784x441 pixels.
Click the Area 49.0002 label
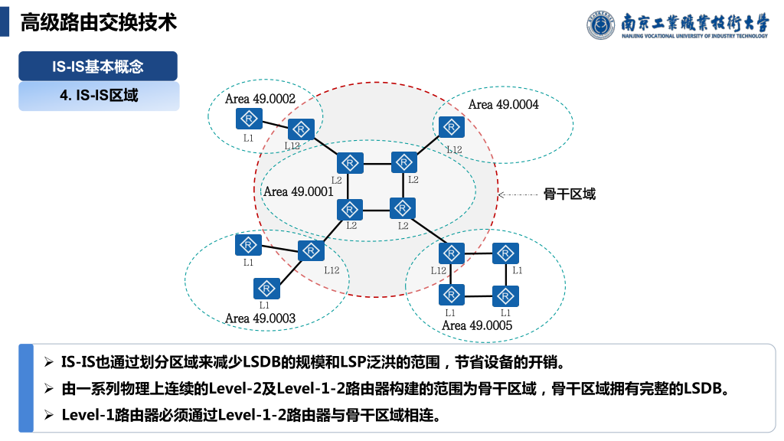[x=260, y=99]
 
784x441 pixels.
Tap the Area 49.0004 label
[x=503, y=105]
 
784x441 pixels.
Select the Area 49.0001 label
[x=299, y=191]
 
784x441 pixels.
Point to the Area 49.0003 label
[x=260, y=318]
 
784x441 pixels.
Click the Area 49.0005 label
[x=477, y=325]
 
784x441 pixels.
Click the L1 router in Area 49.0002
[x=249, y=119]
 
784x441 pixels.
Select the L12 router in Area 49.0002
[x=302, y=129]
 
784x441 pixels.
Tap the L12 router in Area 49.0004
[x=452, y=126]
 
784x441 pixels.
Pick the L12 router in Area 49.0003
[x=311, y=250]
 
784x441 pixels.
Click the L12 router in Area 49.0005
[x=452, y=253]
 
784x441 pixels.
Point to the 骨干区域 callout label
[x=570, y=194]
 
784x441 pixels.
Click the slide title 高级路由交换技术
[x=99, y=22]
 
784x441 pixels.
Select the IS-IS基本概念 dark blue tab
[x=98, y=67]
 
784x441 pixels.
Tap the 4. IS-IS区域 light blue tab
[x=99, y=96]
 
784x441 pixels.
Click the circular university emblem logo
[x=602, y=25]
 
